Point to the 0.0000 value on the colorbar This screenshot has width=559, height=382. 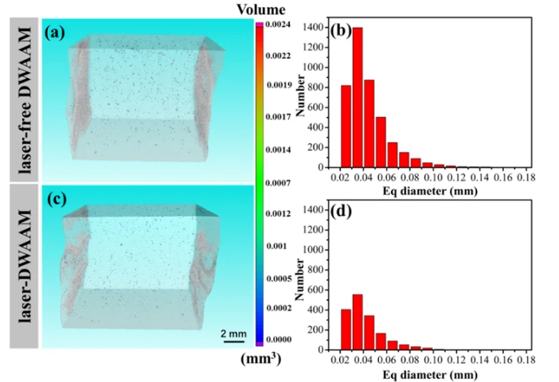(277, 339)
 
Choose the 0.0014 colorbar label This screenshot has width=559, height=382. (277, 150)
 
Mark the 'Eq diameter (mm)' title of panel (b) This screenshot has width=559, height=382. (429, 192)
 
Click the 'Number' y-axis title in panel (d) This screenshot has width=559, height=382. (303, 280)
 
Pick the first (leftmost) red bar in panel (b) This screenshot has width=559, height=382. (346, 127)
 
